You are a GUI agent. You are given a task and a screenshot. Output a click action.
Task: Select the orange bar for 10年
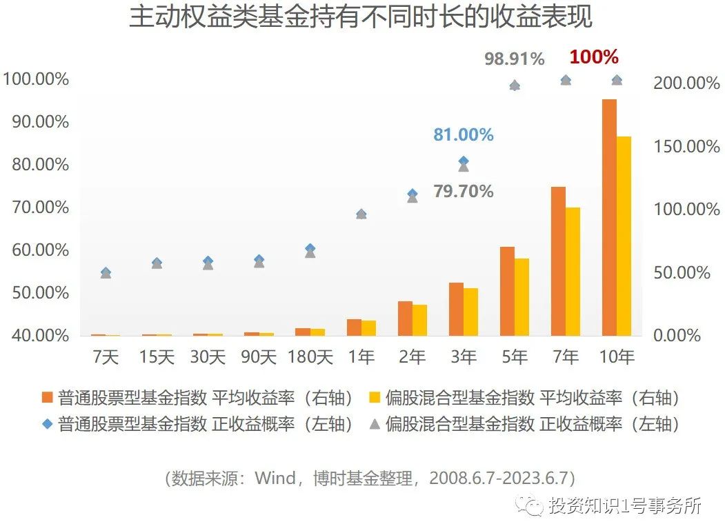(x=609, y=217)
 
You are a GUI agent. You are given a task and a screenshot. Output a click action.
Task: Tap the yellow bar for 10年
(x=624, y=236)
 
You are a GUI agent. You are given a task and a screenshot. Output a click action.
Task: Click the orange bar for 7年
(x=558, y=261)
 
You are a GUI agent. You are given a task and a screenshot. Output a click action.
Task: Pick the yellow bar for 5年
(x=522, y=297)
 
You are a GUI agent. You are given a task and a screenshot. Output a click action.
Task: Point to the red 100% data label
(x=594, y=57)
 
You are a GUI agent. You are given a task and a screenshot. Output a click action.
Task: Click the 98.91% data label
(x=515, y=59)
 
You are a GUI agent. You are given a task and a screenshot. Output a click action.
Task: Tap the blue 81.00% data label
(x=463, y=135)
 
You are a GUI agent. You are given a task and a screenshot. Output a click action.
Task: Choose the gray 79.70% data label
(x=463, y=191)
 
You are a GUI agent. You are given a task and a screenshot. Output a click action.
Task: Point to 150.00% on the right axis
(x=686, y=146)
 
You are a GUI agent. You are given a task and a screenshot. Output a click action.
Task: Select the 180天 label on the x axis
(x=310, y=357)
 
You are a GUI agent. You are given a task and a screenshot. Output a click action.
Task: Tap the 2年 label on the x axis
(x=413, y=357)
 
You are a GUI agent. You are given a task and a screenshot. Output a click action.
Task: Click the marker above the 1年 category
(x=361, y=214)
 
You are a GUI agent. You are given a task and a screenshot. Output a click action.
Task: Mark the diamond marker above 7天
(x=106, y=272)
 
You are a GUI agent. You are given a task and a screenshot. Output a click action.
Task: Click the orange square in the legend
(x=48, y=398)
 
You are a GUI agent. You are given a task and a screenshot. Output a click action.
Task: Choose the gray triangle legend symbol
(x=375, y=423)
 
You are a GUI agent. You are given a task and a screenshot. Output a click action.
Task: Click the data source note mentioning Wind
(x=370, y=478)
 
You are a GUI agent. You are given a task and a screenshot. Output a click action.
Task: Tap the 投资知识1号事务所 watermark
(x=624, y=506)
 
